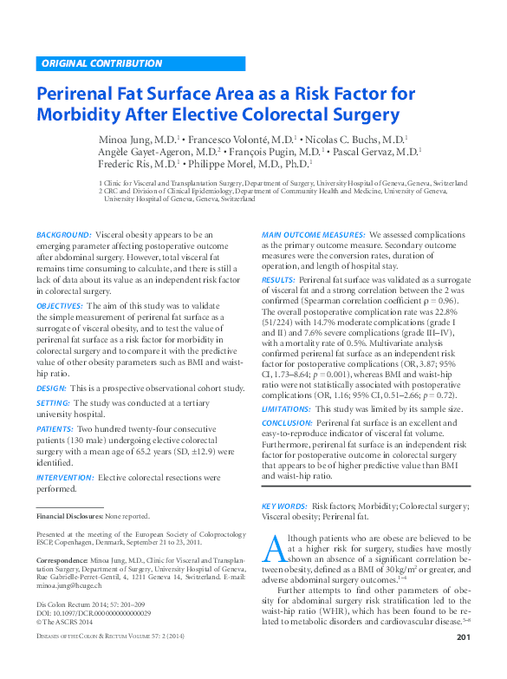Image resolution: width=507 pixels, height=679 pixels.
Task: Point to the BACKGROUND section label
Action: [64, 235]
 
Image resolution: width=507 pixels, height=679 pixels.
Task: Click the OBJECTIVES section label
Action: [60, 306]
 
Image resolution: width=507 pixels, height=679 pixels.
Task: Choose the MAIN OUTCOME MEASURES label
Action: [313, 235]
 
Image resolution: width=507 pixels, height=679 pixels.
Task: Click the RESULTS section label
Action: [278, 281]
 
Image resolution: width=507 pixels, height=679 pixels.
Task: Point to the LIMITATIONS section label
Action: [286, 408]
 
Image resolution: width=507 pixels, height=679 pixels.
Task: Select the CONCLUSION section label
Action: [287, 422]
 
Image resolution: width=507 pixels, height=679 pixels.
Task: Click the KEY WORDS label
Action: [284, 505]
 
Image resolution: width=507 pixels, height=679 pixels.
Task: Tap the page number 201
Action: [462, 663]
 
